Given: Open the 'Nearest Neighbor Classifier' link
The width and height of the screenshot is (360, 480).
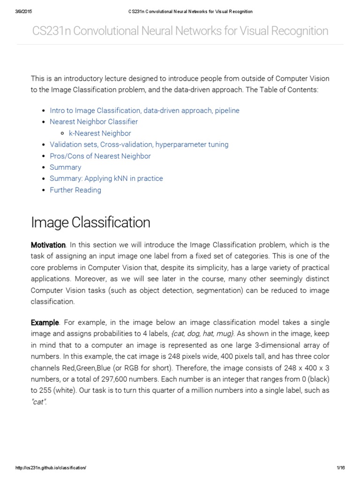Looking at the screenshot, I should [x=94, y=122].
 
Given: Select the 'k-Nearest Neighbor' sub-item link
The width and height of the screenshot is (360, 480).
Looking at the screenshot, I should [x=100, y=133].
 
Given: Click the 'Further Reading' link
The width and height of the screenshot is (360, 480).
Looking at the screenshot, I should [x=75, y=190].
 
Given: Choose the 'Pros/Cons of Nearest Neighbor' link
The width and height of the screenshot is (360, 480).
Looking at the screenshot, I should [x=100, y=156].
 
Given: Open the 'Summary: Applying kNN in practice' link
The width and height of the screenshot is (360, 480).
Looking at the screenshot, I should [x=106, y=179].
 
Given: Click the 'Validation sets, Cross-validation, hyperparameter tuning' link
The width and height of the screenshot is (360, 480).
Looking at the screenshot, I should [x=139, y=144].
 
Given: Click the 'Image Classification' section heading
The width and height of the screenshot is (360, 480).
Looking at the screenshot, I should [x=90, y=222].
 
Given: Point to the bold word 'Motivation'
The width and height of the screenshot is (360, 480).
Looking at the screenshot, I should [x=48, y=245].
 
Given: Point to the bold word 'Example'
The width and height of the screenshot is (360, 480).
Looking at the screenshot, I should [x=45, y=322].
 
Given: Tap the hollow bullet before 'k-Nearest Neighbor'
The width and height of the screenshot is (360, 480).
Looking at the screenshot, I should [x=62, y=134].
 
